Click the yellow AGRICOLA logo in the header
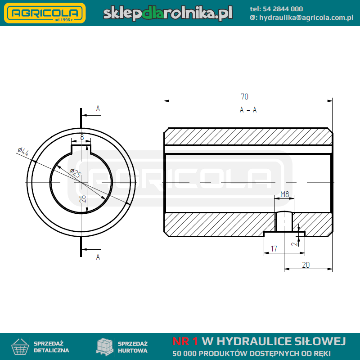point(45,13)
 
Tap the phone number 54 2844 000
point(283,9)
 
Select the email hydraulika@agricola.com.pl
point(306,18)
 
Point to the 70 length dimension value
point(244,97)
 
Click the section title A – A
point(248,110)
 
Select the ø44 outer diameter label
point(23,152)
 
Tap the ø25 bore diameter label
point(76,173)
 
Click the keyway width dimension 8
point(82,137)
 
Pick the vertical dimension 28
point(83,198)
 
